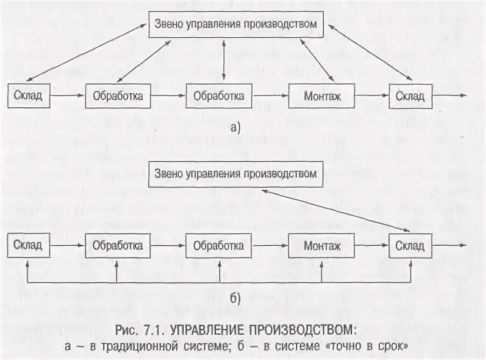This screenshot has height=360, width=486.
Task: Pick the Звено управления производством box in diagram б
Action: (236, 174)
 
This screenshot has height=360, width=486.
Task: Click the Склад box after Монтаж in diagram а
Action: (410, 96)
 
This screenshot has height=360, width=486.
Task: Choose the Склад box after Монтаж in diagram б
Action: (410, 246)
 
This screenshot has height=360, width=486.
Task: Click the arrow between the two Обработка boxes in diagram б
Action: (165, 246)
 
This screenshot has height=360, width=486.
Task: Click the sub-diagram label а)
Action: (235, 128)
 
